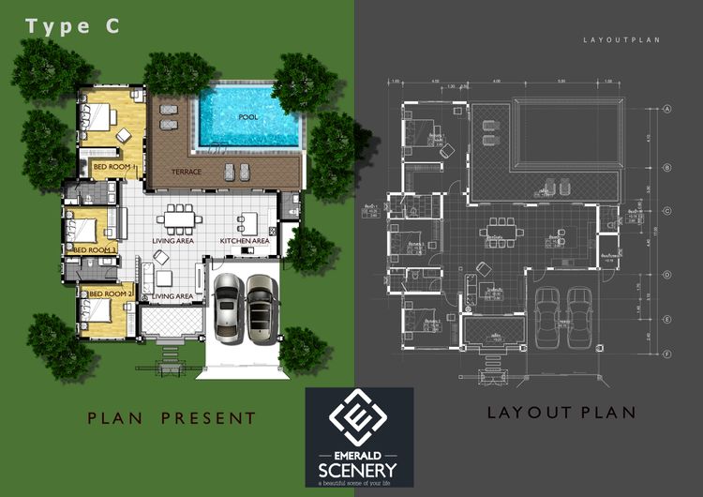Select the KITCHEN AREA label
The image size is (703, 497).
(245, 241)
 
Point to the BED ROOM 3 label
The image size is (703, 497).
(95, 250)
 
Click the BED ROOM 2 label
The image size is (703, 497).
(107, 295)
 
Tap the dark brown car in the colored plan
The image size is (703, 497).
(261, 306)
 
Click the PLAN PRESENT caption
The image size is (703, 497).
(172, 417)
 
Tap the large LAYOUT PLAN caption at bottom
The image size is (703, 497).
(562, 413)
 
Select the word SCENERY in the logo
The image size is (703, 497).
(360, 469)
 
